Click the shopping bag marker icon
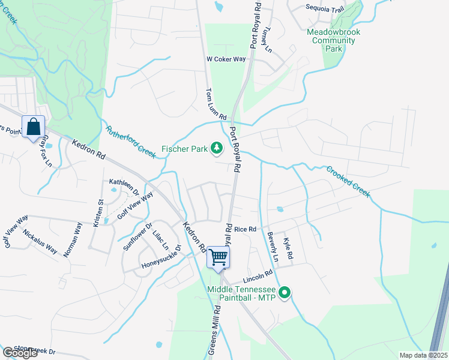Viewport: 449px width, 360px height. coord(34,127)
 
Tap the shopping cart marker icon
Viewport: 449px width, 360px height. coord(219,257)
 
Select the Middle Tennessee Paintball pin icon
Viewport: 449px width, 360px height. coord(285,293)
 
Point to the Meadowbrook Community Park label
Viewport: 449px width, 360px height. coord(332,40)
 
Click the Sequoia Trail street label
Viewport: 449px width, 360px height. coord(325,8)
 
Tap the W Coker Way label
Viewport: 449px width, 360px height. coord(226,59)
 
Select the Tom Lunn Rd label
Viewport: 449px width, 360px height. coord(216,104)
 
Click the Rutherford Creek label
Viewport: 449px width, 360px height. coord(131,142)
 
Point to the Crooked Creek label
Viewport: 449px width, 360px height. coord(348,181)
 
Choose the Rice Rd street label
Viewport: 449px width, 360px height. coord(245,229)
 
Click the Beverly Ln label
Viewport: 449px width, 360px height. coord(273,247)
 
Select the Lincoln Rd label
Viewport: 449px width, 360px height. coord(258,279)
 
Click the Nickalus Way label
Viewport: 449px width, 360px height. coord(40,241)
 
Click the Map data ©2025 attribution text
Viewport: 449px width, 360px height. coord(423,355)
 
